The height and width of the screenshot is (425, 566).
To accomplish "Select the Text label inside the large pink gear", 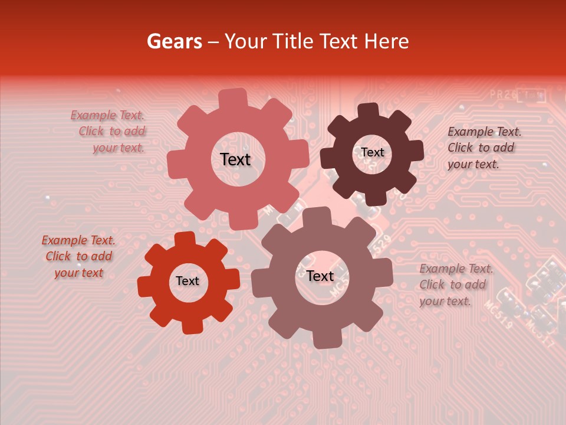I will (x=235, y=159).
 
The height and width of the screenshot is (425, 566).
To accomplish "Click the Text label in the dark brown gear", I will (x=372, y=152).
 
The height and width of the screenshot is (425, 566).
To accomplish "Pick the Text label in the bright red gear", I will (x=187, y=281).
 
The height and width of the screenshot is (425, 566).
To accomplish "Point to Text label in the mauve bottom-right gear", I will (x=320, y=276).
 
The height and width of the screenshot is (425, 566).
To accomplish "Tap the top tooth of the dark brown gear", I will (x=368, y=111).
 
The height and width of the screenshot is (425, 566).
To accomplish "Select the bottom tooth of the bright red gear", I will (x=191, y=326).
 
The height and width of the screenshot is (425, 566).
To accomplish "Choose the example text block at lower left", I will (x=78, y=256).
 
